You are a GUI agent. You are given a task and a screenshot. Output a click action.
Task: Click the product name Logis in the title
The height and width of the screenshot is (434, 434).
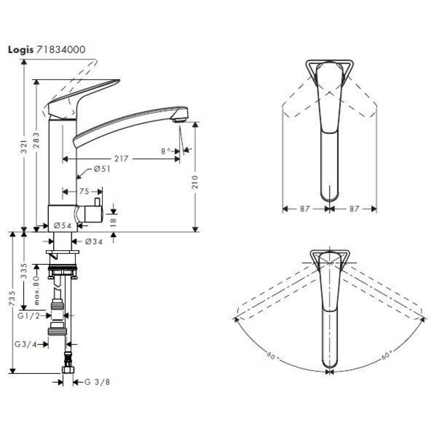[20, 49]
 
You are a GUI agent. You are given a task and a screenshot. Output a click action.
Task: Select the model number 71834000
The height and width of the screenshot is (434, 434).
[60, 49]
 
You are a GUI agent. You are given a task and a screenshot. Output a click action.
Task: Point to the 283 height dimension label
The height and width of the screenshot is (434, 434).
[36, 138]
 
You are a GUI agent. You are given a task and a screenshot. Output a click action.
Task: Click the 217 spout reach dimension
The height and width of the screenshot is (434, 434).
[122, 159]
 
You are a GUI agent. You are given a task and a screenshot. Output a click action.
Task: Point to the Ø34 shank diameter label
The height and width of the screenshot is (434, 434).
[94, 241]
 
